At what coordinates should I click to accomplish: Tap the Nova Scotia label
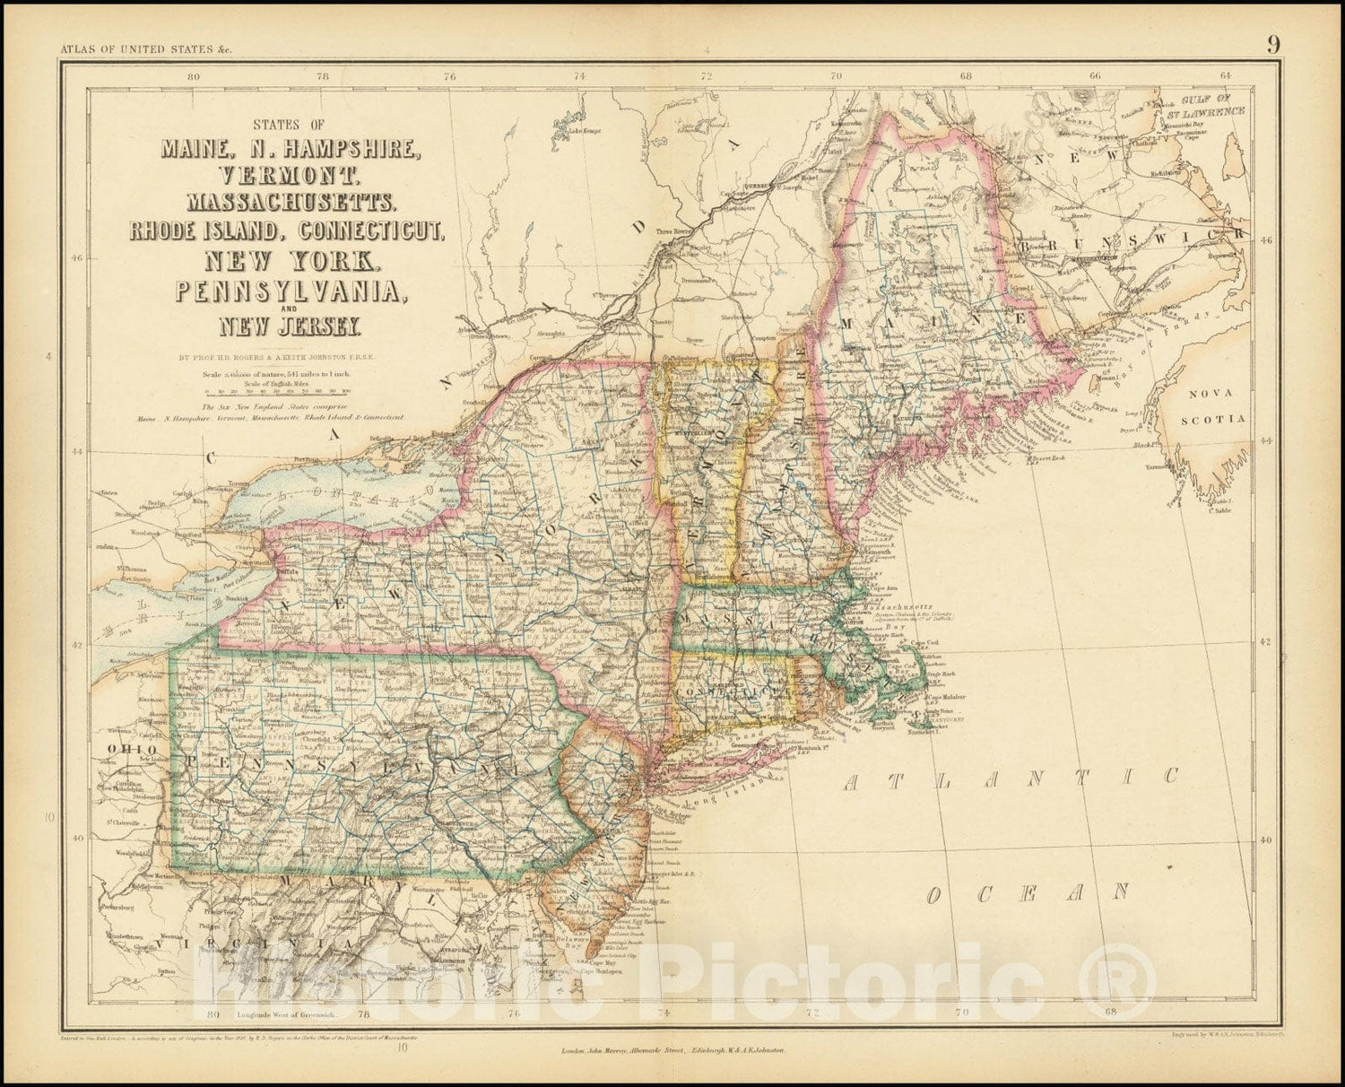(x=1213, y=406)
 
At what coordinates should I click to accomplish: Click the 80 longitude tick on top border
(x=193, y=77)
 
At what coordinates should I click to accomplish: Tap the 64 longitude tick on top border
(x=1225, y=77)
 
